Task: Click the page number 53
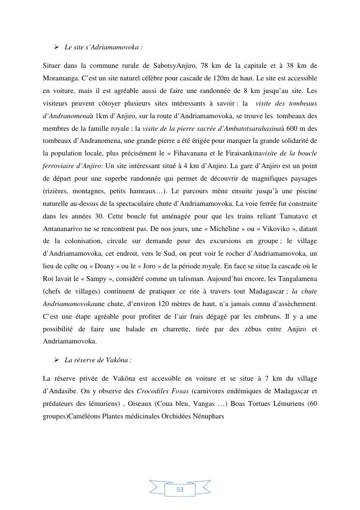(x=180, y=490)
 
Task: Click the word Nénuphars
(x=209, y=416)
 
